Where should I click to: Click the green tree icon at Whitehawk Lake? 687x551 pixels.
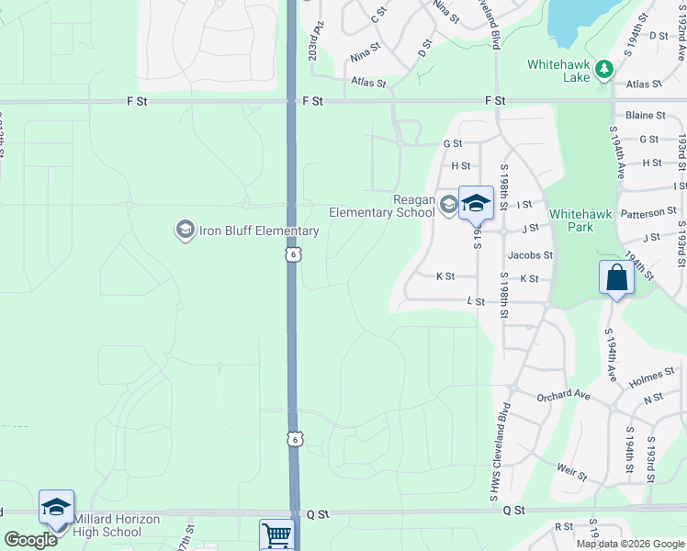pos(604,69)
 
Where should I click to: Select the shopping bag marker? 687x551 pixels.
pos(615,278)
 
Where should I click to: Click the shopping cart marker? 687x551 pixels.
pos(276,534)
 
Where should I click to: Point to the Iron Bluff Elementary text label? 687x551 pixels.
pos(259,231)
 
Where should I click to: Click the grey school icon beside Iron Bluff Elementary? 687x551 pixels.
pos(185,229)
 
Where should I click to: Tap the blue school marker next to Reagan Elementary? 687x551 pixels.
pos(476,204)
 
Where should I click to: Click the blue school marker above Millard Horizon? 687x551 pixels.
pos(56,508)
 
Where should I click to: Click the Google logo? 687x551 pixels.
pos(30,539)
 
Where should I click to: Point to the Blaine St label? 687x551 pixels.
pos(645,116)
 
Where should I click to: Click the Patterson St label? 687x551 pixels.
pos(648,212)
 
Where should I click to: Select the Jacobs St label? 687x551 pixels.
pos(530,255)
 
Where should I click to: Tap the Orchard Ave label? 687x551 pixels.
pos(563,395)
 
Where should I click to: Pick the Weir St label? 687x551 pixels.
pos(571,472)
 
